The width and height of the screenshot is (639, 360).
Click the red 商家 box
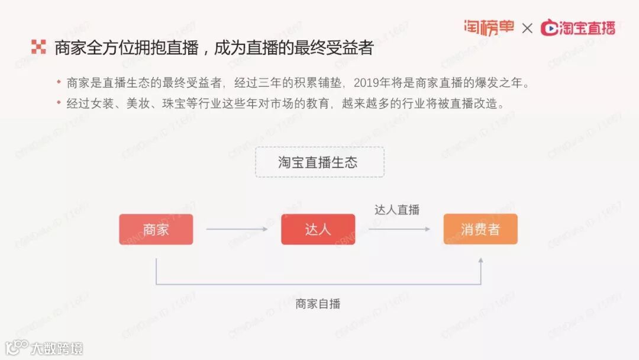pos(156,229)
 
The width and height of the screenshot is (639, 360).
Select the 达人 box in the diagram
pos(318,229)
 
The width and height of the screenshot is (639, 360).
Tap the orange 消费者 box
pos(480,229)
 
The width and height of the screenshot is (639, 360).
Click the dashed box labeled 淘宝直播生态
pos(319,162)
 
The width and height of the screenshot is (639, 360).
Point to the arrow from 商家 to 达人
pos(237,229)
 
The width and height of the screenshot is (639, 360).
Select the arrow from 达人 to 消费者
pos(399,229)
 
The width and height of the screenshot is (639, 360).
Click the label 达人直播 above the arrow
pos(396,210)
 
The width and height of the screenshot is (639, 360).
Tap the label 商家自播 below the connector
pos(318,304)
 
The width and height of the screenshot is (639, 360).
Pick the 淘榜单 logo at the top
pos(489,27)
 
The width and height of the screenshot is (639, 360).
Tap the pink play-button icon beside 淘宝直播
pos(550,28)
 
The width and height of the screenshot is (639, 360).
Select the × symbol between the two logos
pos(527,28)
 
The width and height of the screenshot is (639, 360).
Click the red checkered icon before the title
pos(38,48)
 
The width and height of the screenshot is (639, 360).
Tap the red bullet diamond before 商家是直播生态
pos(59,82)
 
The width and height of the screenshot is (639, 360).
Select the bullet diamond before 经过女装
pos(59,102)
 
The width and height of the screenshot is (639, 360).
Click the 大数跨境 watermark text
pos(57,348)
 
